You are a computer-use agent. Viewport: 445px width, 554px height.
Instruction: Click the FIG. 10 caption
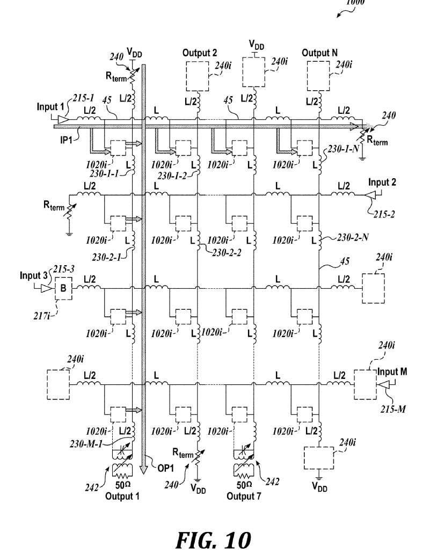pos(213,540)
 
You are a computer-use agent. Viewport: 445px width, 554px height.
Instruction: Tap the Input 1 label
pos(50,107)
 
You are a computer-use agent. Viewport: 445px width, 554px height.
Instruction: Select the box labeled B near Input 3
pos(63,288)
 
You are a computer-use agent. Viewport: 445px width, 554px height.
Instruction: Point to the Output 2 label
pos(200,53)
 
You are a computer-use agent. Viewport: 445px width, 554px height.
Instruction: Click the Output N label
pos(319,53)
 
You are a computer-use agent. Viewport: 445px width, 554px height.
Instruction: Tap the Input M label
pos(392,371)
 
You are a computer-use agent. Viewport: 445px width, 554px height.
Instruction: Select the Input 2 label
pos(382,183)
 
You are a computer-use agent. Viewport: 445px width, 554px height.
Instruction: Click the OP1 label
pos(165,468)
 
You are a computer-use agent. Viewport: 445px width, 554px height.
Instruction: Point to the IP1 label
pos(66,140)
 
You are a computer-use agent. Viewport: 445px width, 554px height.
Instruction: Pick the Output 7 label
pos(244,497)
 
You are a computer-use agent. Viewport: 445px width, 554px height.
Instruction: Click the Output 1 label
pos(122,497)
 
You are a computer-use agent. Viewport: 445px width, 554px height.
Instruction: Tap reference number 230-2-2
pos(227,253)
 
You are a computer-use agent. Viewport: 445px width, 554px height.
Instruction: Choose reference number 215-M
pos(393,409)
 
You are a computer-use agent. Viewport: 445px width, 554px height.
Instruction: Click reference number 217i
pos(42,316)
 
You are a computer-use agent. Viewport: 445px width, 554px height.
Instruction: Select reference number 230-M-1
pos(86,444)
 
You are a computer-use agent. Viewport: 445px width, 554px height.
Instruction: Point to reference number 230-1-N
pos(344,149)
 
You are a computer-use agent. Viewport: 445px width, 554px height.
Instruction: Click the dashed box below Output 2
pos(197,76)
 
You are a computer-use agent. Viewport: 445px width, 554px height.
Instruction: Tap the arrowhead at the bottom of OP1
pos(143,470)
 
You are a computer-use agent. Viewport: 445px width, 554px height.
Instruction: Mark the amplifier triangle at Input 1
pos(62,119)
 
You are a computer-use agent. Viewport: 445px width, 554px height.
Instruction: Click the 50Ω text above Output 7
pos(244,485)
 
